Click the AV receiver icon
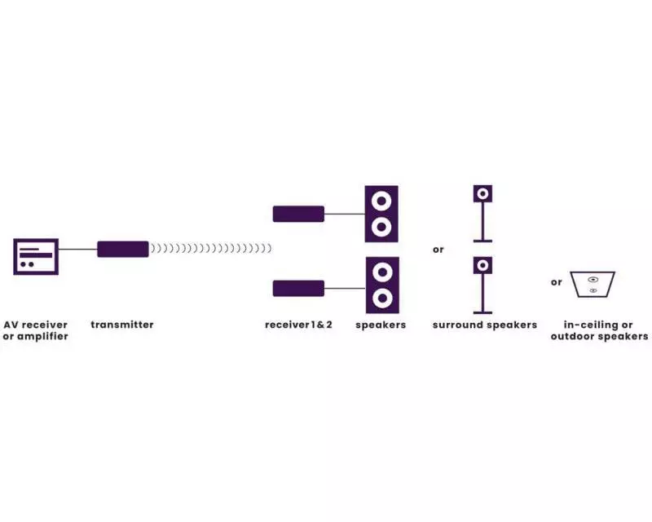point(36,257)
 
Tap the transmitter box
point(123,250)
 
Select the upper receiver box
point(298,214)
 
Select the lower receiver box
point(298,288)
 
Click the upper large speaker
point(381,214)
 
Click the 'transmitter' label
point(122,325)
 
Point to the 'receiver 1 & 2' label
point(298,325)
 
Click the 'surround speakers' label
point(485,325)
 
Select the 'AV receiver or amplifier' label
point(36,330)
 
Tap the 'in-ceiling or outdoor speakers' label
point(599,330)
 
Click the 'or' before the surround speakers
point(438,250)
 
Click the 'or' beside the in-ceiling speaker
point(557,283)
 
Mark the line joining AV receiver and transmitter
point(78,250)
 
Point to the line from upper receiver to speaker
point(345,214)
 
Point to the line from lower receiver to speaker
point(345,288)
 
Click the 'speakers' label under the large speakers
point(381,325)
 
